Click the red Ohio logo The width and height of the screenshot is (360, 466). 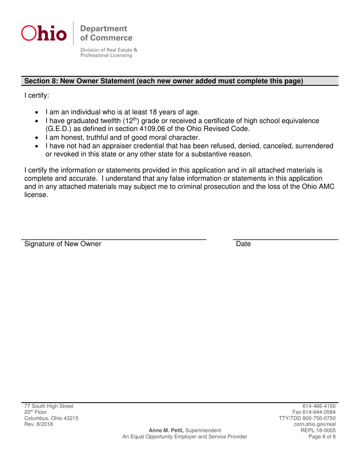tap(44, 33)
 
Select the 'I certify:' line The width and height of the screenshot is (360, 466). tap(37, 96)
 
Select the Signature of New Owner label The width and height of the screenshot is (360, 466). tap(63, 244)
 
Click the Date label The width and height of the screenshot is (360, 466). tap(243, 244)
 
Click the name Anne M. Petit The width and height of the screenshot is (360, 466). tap(166, 430)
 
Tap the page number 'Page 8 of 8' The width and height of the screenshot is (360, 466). tap(322, 436)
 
